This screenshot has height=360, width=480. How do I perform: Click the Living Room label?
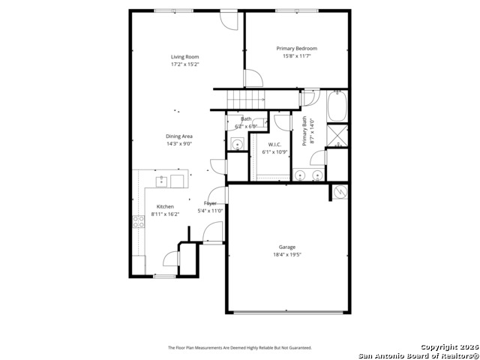click(184, 57)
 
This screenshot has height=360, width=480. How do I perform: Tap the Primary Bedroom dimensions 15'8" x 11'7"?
click(296, 56)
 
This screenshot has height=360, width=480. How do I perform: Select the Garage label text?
click(287, 247)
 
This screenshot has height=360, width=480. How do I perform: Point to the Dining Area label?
click(179, 136)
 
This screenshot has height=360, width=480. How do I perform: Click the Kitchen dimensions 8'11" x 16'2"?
click(165, 214)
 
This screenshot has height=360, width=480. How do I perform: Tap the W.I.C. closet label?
click(274, 144)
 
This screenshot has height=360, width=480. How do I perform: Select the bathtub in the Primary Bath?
click(337, 107)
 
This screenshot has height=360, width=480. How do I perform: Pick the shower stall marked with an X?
click(337, 135)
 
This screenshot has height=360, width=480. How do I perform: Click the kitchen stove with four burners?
click(139, 221)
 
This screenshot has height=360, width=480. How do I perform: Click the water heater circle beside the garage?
click(340, 192)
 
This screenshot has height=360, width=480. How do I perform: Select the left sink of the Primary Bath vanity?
click(301, 176)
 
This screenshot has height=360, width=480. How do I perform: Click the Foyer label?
click(211, 203)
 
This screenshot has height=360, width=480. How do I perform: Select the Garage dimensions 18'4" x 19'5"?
click(287, 255)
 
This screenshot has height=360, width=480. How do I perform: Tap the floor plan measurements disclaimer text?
click(239, 348)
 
